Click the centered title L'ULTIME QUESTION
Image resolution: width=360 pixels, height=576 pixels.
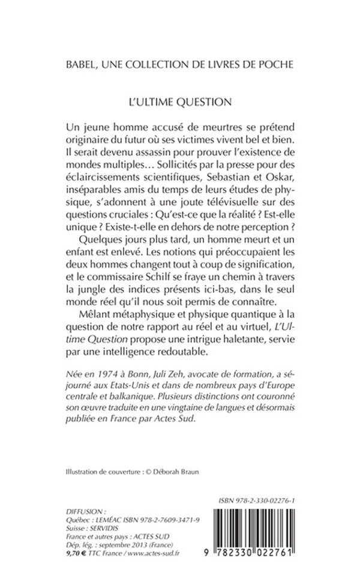(180, 101)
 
